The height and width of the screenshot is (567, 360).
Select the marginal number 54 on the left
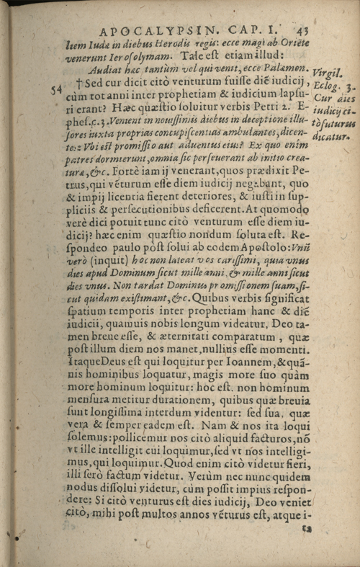[55, 89]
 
